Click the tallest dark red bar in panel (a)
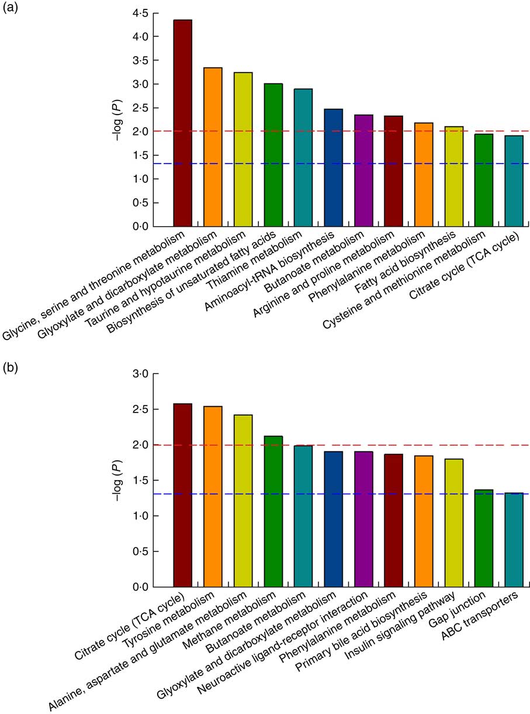[182, 123]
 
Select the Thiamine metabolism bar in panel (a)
[303, 158]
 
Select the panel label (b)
[9, 370]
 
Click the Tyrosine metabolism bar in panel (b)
[213, 497]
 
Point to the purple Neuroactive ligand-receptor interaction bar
[363, 519]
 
